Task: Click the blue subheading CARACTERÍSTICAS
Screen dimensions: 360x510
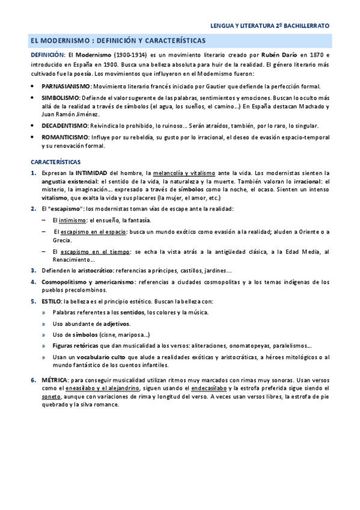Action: coord(59,162)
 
